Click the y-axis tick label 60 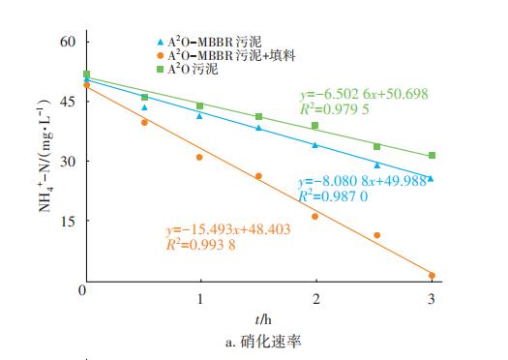[66, 42]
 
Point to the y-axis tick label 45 [66, 101]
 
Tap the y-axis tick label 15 [66, 221]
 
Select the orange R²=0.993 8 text [200, 245]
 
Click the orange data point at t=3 [432, 275]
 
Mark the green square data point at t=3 [432, 155]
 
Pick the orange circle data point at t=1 [199, 157]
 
